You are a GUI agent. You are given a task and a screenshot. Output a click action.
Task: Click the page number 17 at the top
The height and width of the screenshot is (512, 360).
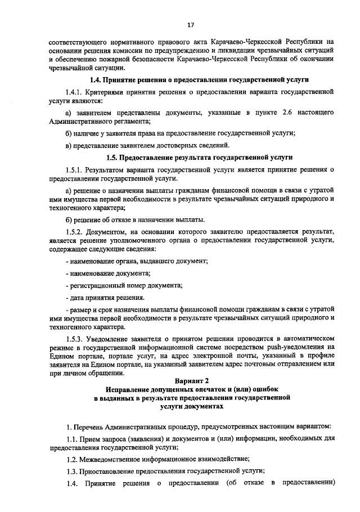(x=191, y=25)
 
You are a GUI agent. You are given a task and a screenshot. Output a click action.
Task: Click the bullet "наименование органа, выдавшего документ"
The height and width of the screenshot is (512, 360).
(x=137, y=262)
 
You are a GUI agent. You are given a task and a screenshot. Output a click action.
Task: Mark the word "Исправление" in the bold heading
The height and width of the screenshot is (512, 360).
(x=130, y=389)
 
